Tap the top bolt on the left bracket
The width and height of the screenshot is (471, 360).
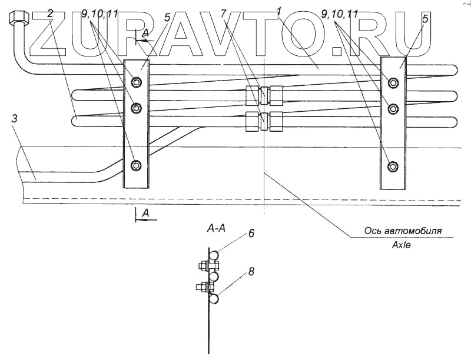point(137,82)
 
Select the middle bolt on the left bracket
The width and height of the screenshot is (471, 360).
point(137,108)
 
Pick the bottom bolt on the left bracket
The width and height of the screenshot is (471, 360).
point(137,165)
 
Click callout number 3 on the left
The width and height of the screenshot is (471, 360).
point(14,120)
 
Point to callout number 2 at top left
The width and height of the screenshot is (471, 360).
point(51,13)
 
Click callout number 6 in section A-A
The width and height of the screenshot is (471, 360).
point(251,234)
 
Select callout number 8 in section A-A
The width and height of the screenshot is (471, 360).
point(251,272)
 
